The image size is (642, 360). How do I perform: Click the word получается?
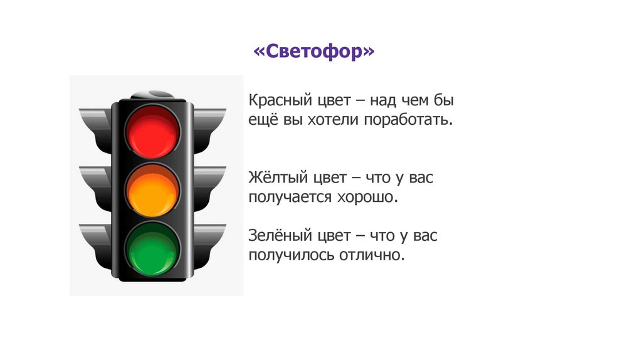click(x=289, y=197)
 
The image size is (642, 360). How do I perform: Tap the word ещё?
click(x=261, y=119)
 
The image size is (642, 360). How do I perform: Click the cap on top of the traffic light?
click(x=152, y=95)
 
